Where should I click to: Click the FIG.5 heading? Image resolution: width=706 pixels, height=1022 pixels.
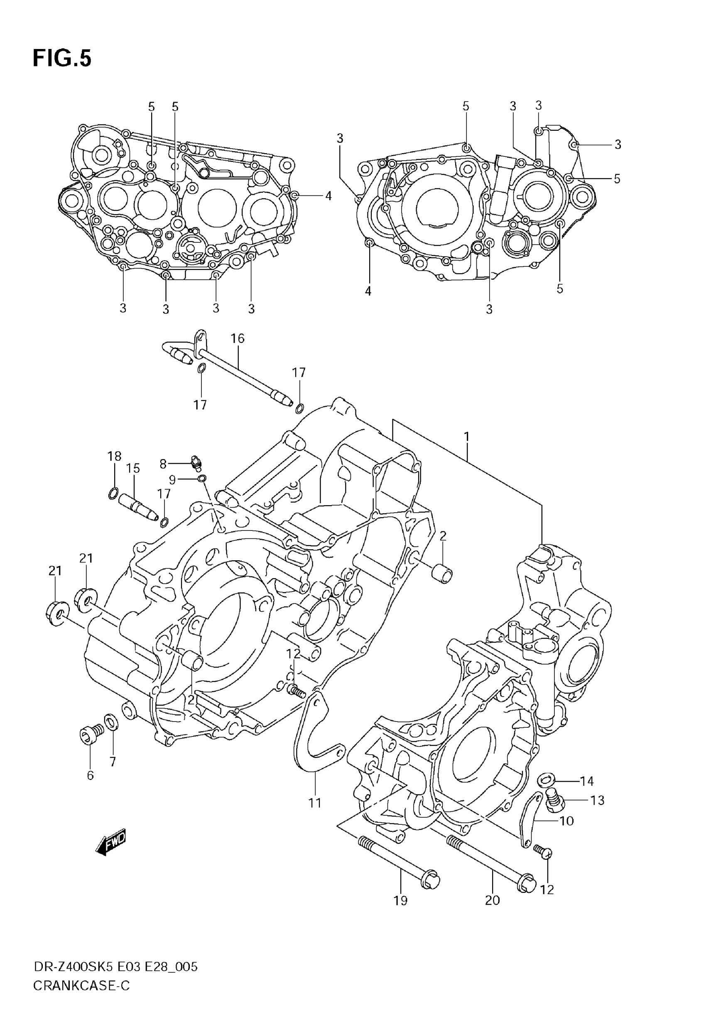(62, 59)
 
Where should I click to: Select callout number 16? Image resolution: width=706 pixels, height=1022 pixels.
(237, 339)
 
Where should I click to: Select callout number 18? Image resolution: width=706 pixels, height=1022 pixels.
(115, 456)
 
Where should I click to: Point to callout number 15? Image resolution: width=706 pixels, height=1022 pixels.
(133, 469)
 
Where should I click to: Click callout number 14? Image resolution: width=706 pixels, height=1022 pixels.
(586, 781)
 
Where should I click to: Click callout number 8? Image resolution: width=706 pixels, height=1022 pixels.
(163, 464)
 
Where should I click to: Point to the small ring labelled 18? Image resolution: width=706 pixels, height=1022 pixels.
(113, 493)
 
